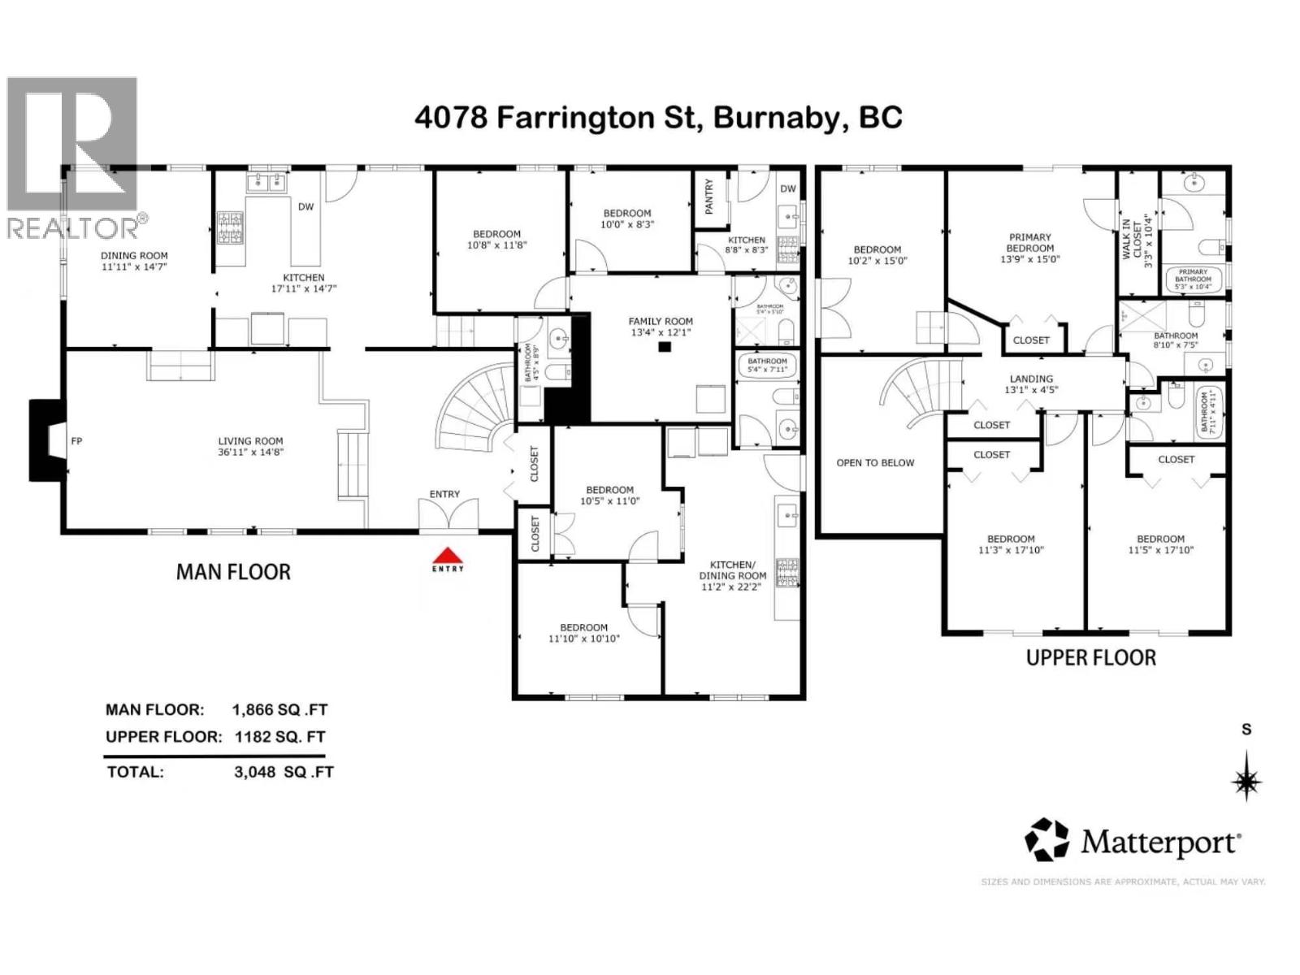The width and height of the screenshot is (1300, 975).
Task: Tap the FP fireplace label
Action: [77, 441]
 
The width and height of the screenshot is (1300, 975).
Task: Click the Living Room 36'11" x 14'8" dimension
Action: [250, 453]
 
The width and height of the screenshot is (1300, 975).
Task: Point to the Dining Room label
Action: [135, 255]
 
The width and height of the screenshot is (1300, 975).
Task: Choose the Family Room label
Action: [661, 321]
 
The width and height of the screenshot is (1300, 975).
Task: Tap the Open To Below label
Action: [875, 463]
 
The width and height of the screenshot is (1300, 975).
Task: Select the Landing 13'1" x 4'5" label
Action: [1031, 383]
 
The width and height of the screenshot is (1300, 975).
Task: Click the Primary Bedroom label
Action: [1030, 243]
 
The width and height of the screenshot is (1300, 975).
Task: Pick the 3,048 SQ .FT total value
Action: [284, 772]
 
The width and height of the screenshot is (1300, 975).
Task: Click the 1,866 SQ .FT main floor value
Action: [279, 709]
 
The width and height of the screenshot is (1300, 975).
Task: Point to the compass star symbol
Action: [1246, 782]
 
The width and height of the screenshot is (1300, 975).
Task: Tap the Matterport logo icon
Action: [1046, 840]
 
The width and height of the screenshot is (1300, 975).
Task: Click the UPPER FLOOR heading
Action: [1090, 657]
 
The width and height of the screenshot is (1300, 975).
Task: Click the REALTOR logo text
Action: [72, 227]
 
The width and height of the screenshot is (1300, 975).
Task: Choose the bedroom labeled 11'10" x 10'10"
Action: [583, 633]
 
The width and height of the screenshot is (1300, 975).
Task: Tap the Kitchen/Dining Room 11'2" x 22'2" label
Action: [733, 575]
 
